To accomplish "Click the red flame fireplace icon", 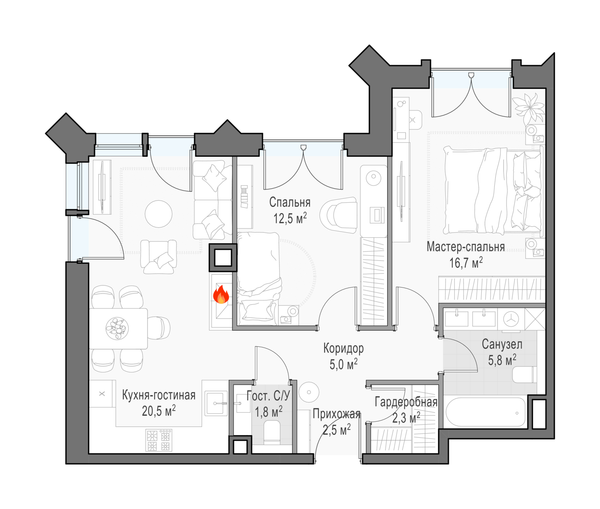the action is pyautogui.click(x=221, y=294).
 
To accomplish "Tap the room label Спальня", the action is pyautogui.click(x=290, y=202).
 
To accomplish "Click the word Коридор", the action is pyautogui.click(x=343, y=348).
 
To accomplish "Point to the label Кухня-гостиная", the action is pyautogui.click(x=158, y=395).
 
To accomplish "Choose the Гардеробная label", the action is pyautogui.click(x=406, y=402).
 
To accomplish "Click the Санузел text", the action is pyautogui.click(x=502, y=344).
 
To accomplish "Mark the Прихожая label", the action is pyautogui.click(x=336, y=414).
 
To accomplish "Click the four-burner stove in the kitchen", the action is pyautogui.click(x=158, y=440).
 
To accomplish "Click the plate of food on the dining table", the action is pyautogui.click(x=117, y=328).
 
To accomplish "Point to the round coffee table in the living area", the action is pyautogui.click(x=158, y=214).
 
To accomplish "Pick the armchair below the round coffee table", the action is pyautogui.click(x=158, y=257).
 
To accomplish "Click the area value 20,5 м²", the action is pyautogui.click(x=158, y=411).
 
